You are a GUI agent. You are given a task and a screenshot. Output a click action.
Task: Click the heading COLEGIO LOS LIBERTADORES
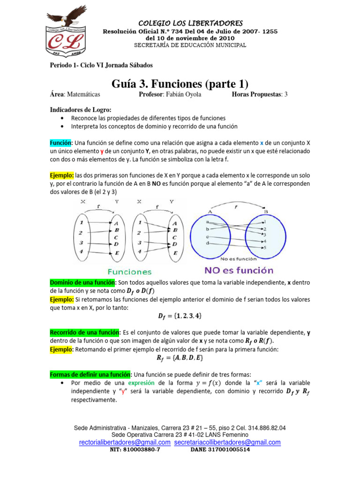(x=190, y=23)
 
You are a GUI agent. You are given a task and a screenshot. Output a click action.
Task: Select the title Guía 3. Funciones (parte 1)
(x=180, y=84)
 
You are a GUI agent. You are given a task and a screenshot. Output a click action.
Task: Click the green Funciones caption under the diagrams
(x=130, y=271)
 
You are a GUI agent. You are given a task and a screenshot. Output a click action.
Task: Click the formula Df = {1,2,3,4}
(x=180, y=316)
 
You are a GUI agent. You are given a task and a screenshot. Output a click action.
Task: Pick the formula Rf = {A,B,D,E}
(x=180, y=358)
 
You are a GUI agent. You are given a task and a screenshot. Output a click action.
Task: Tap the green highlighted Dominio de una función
(x=83, y=283)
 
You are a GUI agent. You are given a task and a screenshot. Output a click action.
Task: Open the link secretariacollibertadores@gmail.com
(x=227, y=442)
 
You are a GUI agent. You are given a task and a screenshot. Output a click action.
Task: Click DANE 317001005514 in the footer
(x=220, y=449)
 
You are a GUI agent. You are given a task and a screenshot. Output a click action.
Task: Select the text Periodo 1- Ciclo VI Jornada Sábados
(x=101, y=65)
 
